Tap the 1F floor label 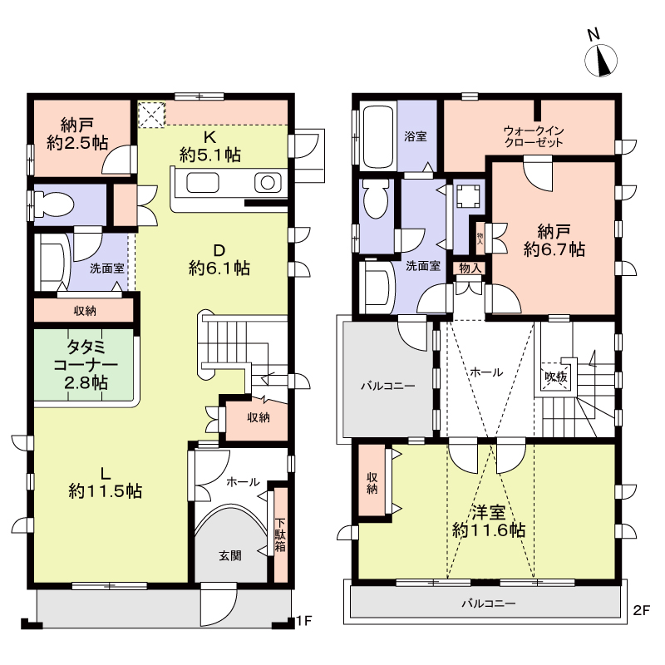click(x=304, y=621)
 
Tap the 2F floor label click(x=641, y=610)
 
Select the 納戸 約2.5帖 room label click(x=77, y=134)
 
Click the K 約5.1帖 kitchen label click(x=210, y=146)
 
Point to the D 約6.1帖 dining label click(x=219, y=259)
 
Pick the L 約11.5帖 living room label click(x=106, y=483)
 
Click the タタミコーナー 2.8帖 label click(x=86, y=365)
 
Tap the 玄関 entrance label click(x=230, y=555)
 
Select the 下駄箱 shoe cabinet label click(x=280, y=534)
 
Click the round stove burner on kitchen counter click(x=268, y=183)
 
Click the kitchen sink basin click(x=203, y=183)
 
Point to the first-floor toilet click(x=53, y=204)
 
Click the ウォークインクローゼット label click(x=534, y=136)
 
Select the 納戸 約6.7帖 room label click(x=554, y=240)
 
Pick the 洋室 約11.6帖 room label click(x=489, y=521)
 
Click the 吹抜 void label click(x=556, y=377)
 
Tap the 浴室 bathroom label click(x=415, y=136)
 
